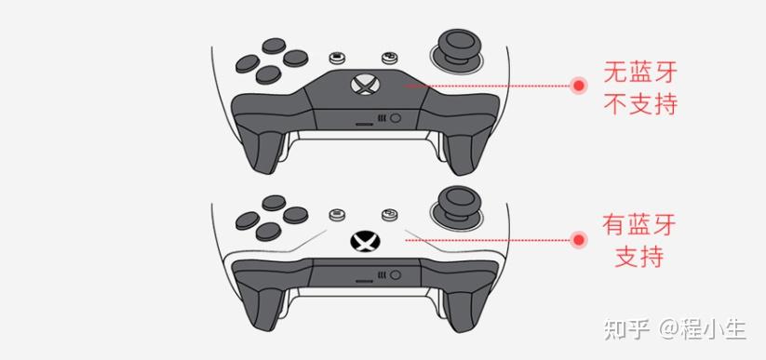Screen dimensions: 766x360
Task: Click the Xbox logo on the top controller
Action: pyautogui.click(x=365, y=86)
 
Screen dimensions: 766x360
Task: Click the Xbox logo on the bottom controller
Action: pyautogui.click(x=365, y=241)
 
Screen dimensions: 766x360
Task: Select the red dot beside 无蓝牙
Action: pyautogui.click(x=579, y=86)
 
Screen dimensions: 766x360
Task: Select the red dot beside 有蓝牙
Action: pyautogui.click(x=579, y=240)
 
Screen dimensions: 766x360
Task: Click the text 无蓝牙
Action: pyautogui.click(x=640, y=73)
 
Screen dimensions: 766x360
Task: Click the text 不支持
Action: pyautogui.click(x=640, y=103)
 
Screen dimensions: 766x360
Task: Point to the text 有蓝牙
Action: pyautogui.click(x=639, y=225)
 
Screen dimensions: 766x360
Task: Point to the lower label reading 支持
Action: pyautogui.click(x=639, y=257)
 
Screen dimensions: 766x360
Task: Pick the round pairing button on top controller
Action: pyautogui.click(x=396, y=118)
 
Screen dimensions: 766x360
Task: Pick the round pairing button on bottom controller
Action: pyautogui.click(x=396, y=275)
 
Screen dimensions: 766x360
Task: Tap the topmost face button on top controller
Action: pyautogui.click(x=274, y=46)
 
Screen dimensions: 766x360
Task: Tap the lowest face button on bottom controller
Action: pyautogui.click(x=268, y=231)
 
